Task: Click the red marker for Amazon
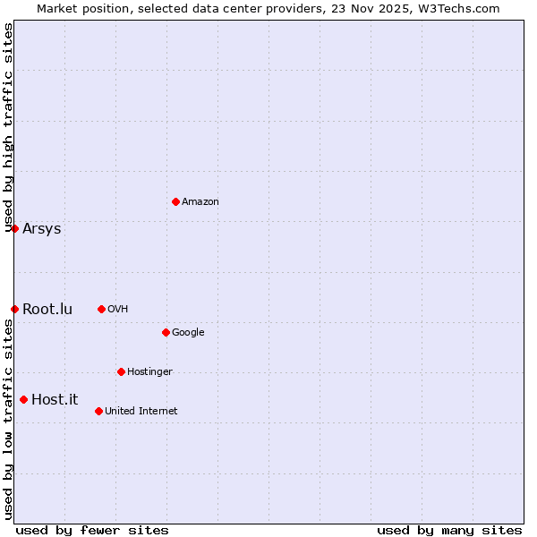point(175,201)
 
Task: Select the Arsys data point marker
point(14,228)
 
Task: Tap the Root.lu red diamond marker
point(14,309)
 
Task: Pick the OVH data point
point(101,309)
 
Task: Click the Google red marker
point(166,332)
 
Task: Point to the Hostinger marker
point(121,371)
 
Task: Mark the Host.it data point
point(23,399)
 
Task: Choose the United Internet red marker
point(98,411)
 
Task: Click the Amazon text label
point(200,202)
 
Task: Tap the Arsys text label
point(42,228)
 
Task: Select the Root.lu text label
point(47,309)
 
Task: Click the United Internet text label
point(141,412)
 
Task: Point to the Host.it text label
point(55,399)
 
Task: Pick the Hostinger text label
point(149,372)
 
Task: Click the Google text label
point(188,333)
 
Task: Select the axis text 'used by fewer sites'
point(92,531)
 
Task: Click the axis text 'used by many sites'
point(449,531)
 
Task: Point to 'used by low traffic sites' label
point(8,419)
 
